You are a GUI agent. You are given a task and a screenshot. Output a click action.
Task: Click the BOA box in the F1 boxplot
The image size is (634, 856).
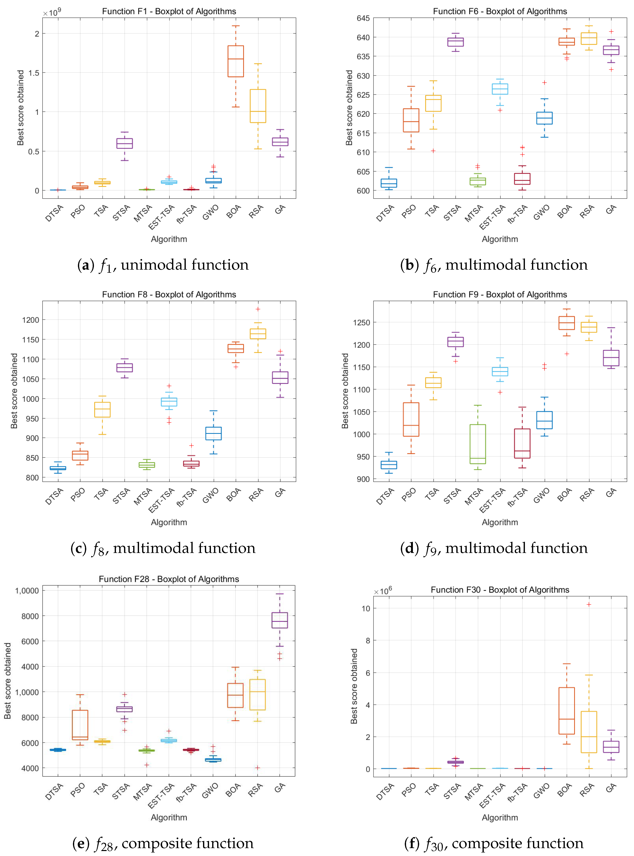point(236,61)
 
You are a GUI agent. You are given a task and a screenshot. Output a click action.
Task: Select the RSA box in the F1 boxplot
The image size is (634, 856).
point(258,106)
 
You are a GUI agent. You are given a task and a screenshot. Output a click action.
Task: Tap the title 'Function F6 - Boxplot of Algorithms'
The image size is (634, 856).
point(500,11)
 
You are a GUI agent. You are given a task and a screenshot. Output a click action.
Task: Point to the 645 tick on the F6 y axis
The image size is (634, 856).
point(363,18)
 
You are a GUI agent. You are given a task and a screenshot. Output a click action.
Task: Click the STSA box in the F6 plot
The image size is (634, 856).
point(455,42)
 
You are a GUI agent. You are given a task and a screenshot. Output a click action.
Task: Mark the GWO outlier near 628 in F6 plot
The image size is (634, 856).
point(544,82)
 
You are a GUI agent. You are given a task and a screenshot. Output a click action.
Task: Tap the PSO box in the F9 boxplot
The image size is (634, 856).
point(411,419)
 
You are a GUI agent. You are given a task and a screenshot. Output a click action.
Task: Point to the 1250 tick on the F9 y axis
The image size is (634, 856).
point(362,322)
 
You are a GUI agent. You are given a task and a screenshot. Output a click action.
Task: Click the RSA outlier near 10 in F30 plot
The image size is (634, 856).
point(589,604)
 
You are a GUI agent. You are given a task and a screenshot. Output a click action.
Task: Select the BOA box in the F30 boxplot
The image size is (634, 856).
point(566,710)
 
